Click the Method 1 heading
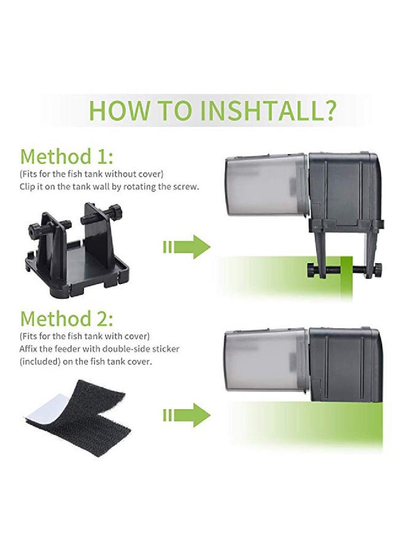(x=67, y=156)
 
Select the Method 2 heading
(x=67, y=318)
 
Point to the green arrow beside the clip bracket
(x=187, y=248)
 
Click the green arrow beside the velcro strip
(x=187, y=415)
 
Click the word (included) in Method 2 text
(x=40, y=362)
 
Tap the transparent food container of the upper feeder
(x=266, y=184)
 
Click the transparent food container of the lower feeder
(x=266, y=361)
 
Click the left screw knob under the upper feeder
(x=312, y=270)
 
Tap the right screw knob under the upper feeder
(x=378, y=270)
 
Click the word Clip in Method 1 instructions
(x=27, y=186)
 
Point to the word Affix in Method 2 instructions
(x=29, y=349)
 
